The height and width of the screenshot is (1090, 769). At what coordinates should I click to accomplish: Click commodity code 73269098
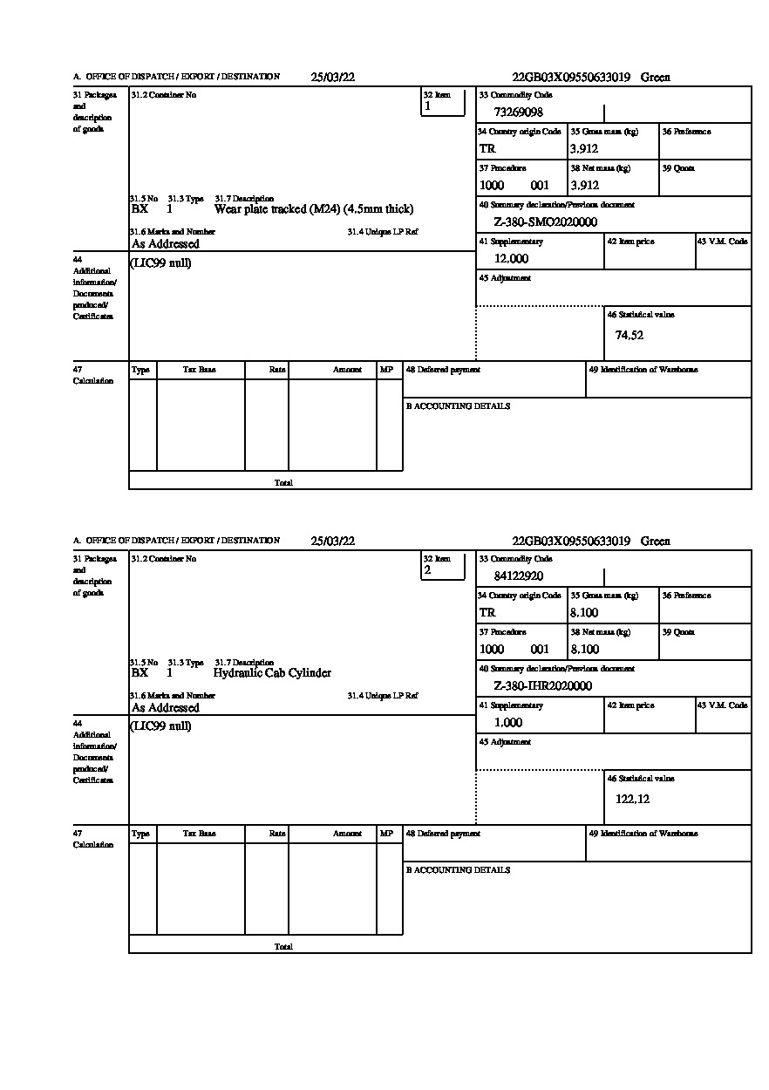coord(519,112)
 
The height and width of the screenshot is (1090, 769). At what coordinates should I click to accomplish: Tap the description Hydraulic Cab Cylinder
coord(272,673)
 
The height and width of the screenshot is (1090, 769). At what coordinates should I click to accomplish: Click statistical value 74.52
coord(629,335)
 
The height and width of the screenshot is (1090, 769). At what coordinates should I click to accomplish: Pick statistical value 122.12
coord(632,799)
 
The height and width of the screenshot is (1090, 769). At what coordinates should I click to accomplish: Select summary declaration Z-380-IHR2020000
coord(542,686)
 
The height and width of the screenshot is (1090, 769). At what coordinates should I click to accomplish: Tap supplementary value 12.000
coord(511,259)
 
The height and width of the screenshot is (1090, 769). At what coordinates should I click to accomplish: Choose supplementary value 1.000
coord(508,723)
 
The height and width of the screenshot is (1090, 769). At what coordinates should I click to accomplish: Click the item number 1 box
coord(443,102)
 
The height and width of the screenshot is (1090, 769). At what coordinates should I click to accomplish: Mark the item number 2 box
coord(443,566)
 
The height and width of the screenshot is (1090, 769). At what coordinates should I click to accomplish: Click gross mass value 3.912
coord(584,149)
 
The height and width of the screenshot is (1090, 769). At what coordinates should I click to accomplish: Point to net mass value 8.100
coord(584,650)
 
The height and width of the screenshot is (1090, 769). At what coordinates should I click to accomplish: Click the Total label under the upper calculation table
coord(283,482)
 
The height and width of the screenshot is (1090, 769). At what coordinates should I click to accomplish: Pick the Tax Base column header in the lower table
coord(200,834)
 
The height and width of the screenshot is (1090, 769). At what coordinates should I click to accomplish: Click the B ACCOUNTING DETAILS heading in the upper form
coord(458,406)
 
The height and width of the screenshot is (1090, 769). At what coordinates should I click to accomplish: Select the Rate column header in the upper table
coord(277,370)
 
